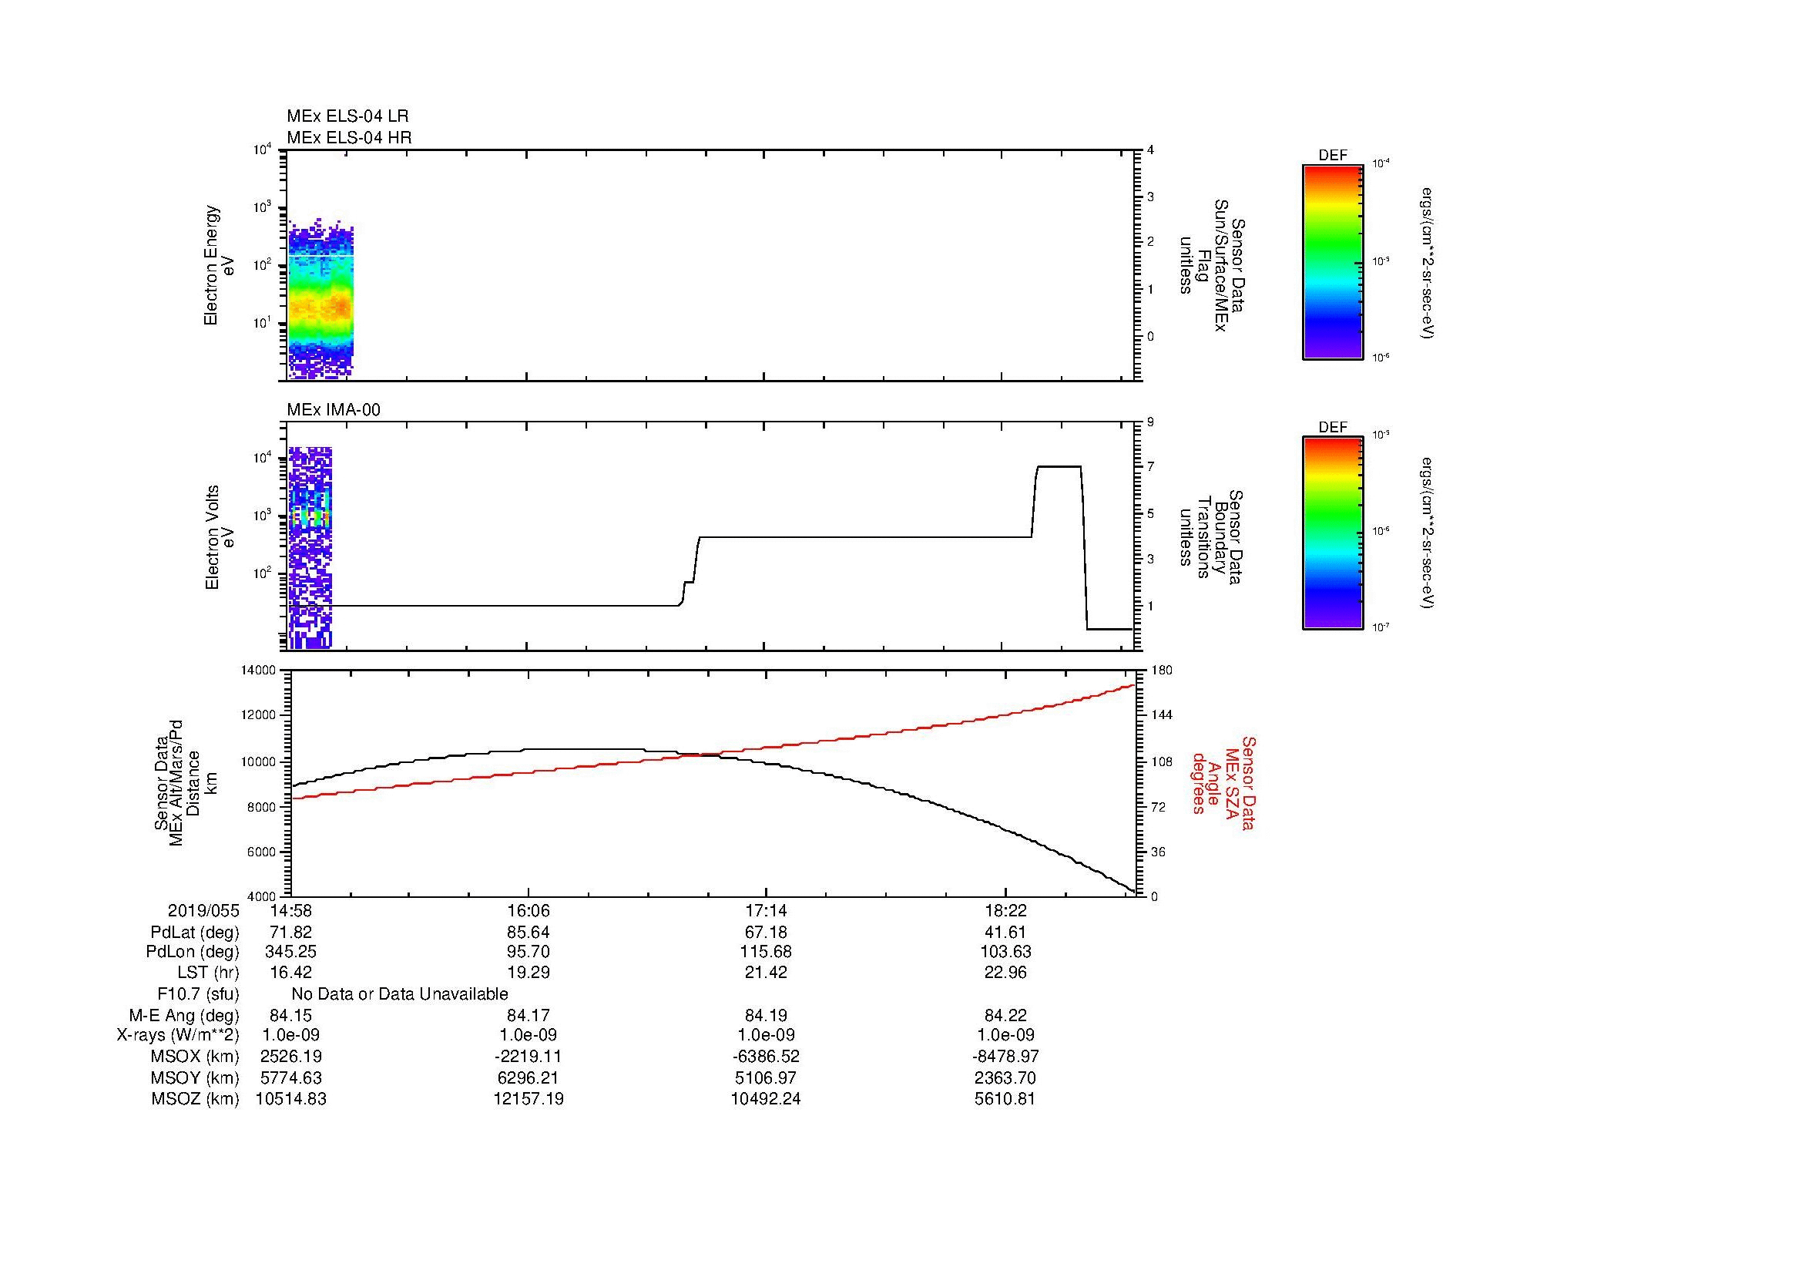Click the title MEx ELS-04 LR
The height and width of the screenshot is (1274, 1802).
347,116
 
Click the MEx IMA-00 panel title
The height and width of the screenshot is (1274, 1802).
333,410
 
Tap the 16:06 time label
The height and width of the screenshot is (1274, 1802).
529,910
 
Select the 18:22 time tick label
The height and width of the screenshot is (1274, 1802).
1005,910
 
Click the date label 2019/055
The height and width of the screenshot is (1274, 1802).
203,910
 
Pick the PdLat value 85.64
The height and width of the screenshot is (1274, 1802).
529,933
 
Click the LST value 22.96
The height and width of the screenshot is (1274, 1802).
1005,973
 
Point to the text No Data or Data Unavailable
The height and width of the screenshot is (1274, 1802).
400,994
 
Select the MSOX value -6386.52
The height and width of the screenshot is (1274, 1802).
765,1057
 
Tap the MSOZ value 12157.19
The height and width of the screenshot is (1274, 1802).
529,1099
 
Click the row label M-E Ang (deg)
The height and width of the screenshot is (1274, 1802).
183,1015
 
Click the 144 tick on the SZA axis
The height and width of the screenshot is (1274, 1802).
1162,715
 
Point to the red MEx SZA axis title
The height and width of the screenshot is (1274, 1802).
1223,782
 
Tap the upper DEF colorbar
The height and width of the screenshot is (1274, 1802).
1332,261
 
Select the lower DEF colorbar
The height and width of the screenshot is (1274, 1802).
1332,534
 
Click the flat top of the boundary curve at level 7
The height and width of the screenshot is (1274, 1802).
1059,466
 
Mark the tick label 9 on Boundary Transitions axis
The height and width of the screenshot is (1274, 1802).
1150,422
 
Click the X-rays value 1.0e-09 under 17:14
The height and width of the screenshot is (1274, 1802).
765,1035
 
